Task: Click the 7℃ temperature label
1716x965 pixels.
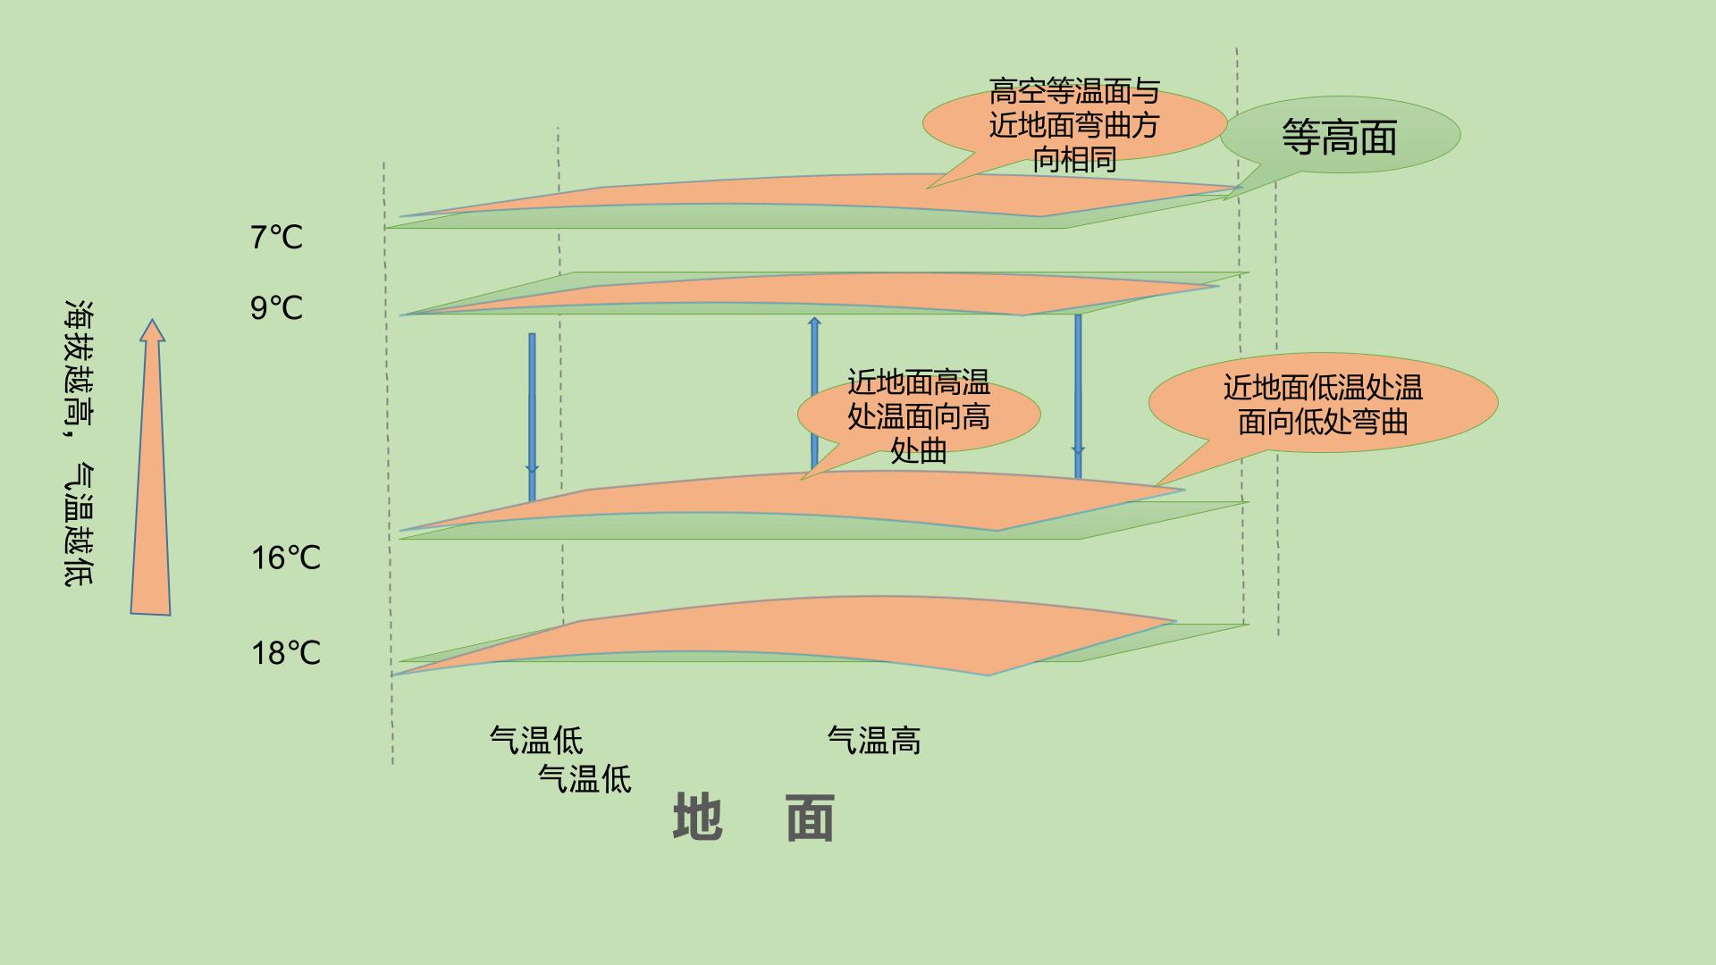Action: click(x=276, y=238)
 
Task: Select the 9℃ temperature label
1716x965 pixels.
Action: click(x=276, y=308)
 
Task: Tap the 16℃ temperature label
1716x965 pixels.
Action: click(x=285, y=558)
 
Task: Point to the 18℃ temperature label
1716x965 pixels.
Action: click(x=285, y=653)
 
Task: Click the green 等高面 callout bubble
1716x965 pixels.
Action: click(x=1340, y=136)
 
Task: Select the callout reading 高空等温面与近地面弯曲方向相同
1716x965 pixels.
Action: click(x=1074, y=125)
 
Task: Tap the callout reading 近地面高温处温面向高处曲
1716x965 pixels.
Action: click(x=919, y=416)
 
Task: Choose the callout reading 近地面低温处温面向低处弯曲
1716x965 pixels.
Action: click(x=1323, y=404)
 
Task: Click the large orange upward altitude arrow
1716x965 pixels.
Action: click(x=151, y=467)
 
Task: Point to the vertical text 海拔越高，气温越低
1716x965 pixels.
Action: click(x=80, y=443)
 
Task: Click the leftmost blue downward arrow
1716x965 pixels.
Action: click(x=532, y=416)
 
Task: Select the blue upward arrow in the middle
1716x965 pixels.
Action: click(x=814, y=394)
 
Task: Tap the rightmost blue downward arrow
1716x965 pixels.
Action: click(x=1078, y=397)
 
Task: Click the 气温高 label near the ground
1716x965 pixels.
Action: click(x=874, y=741)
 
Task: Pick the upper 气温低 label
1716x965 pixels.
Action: click(x=536, y=741)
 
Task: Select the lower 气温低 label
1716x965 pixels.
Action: click(x=585, y=779)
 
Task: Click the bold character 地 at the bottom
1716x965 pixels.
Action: click(x=698, y=817)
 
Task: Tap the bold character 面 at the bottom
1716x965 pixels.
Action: click(x=811, y=817)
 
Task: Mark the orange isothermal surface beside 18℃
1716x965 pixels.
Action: click(x=786, y=636)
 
